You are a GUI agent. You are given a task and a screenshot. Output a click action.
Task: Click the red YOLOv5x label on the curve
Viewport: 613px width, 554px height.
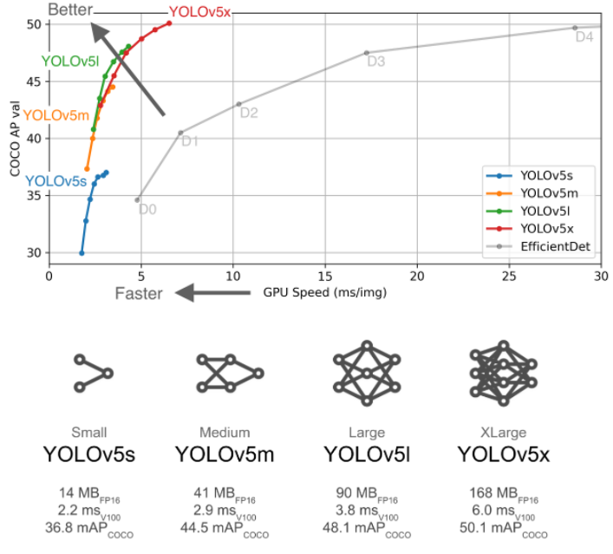click(x=199, y=11)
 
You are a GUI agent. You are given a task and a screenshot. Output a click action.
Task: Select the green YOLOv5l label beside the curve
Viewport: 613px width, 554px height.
click(x=69, y=62)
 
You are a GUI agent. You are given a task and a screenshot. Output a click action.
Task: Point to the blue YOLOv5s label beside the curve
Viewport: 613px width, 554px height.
click(x=55, y=181)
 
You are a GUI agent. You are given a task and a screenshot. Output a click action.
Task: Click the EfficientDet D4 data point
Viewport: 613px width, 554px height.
click(x=574, y=28)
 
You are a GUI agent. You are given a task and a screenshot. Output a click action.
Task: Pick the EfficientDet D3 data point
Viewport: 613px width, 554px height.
click(x=367, y=53)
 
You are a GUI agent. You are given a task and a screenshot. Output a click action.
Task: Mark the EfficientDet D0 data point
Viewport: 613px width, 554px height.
click(x=137, y=199)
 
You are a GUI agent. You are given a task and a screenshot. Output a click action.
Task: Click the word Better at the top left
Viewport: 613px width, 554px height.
click(x=68, y=10)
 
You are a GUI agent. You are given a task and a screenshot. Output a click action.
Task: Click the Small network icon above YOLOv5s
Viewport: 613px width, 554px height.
click(x=93, y=373)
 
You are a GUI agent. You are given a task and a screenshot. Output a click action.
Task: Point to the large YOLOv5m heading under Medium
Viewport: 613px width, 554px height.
click(x=224, y=454)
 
